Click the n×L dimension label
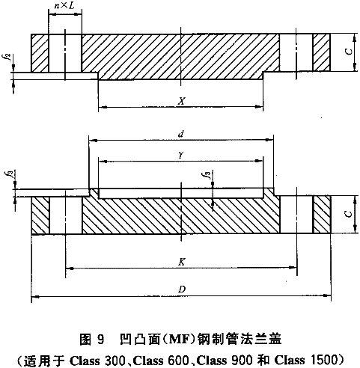point(64,6)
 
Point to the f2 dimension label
point(9,57)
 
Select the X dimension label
point(182,101)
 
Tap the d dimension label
point(181,135)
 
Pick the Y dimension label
point(181,156)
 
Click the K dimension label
point(182,262)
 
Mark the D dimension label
point(182,289)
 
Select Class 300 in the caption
point(97,360)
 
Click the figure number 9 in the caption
point(100,340)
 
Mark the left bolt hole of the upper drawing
point(65,53)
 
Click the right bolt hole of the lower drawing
point(296,215)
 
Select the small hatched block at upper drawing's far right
point(322,52)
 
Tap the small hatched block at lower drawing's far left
point(40,215)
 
